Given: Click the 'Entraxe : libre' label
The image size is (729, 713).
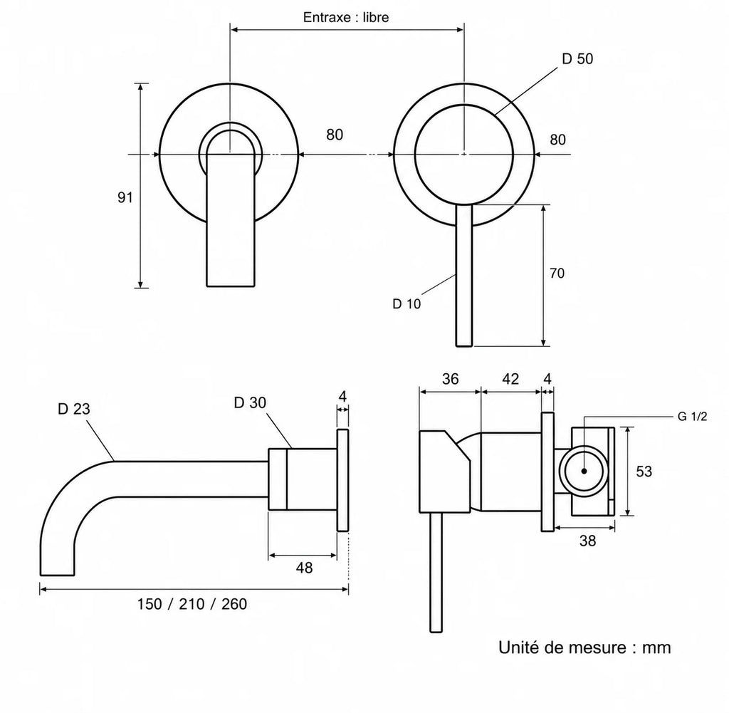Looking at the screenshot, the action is tap(346, 17).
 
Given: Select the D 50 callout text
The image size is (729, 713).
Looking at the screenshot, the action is tap(577, 58).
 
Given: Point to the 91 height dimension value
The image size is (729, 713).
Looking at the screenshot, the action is tap(125, 198).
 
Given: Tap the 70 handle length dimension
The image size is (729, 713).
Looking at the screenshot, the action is tap(557, 273).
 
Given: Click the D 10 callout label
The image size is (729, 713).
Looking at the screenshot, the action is tap(407, 303).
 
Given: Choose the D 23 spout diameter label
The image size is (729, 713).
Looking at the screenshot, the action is tap(74, 409).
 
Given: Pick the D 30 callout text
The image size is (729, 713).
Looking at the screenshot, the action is tap(250, 402).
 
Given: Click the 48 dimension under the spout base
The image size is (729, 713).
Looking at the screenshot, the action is tap(305, 568).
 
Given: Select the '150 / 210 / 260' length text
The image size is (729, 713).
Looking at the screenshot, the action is tap(192, 604).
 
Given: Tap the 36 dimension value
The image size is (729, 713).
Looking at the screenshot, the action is tap(450, 379).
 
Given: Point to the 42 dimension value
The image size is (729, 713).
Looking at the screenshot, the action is tap(510, 379).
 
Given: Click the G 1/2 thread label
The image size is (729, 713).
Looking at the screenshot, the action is tap(692, 416).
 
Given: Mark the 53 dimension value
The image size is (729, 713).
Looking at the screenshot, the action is tap(644, 472).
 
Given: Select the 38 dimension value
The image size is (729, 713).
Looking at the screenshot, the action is tap(587, 541).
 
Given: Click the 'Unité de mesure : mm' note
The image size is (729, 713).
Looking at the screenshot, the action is tap(584, 647).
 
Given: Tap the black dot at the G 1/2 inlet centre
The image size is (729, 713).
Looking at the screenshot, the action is tap(584, 471).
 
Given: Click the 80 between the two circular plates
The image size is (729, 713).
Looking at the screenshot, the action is tap(335, 135).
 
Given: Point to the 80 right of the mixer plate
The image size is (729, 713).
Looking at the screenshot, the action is tap(558, 140).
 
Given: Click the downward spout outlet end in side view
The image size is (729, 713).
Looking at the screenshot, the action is tap(57, 575).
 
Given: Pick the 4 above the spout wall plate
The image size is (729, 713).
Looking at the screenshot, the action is tap(342, 397).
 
